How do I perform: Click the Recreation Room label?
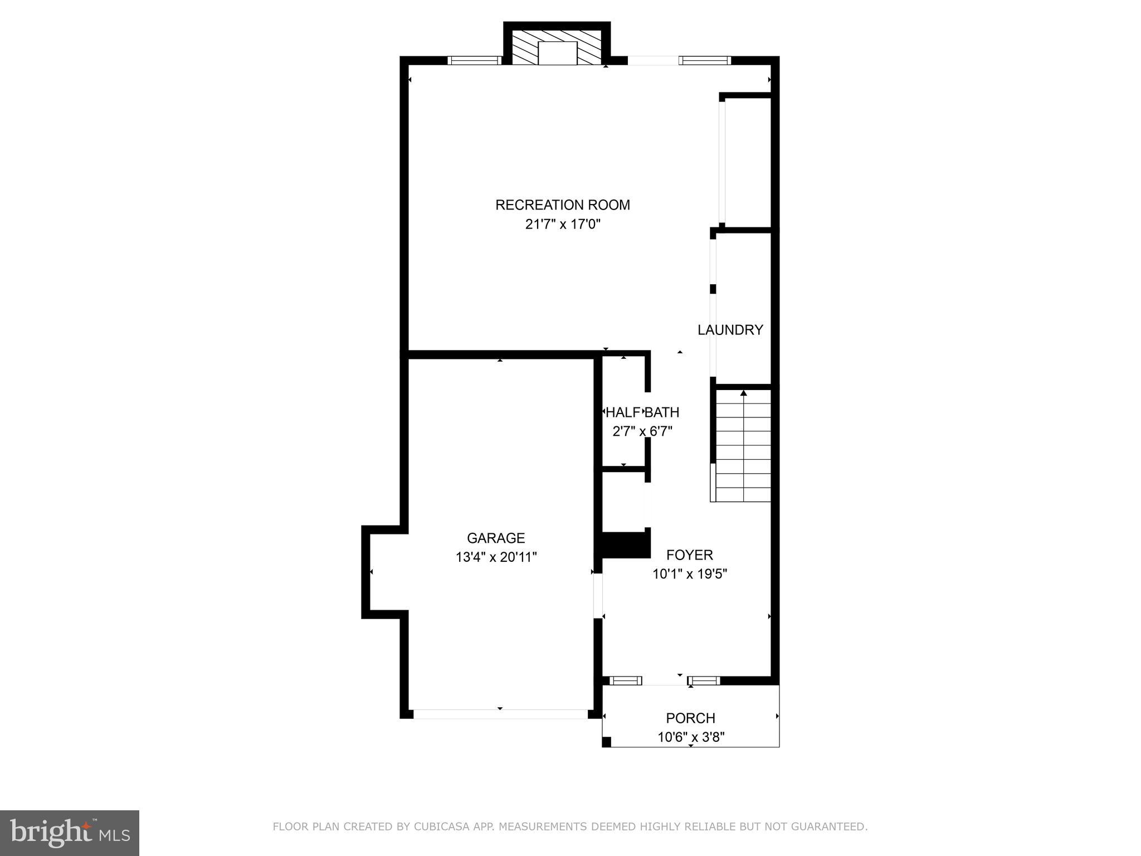coord(563,205)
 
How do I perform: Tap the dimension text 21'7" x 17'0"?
coord(563,225)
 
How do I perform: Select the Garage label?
coord(496,538)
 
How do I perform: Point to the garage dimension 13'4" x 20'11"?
coord(496,557)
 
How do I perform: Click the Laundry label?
coord(730,330)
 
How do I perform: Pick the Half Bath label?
coord(642,412)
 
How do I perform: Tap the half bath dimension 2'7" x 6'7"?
coord(642,431)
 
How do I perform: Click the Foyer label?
coord(690,555)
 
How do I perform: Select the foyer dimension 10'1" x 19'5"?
coord(690,574)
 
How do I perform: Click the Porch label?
coord(690,718)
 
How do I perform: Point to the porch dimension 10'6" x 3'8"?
coord(690,738)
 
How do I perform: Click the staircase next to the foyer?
coord(743,446)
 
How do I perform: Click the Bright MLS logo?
coord(70,834)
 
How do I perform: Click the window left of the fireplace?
coord(475,61)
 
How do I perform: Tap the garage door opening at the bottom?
coord(500,714)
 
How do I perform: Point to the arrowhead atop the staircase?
coord(743,393)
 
